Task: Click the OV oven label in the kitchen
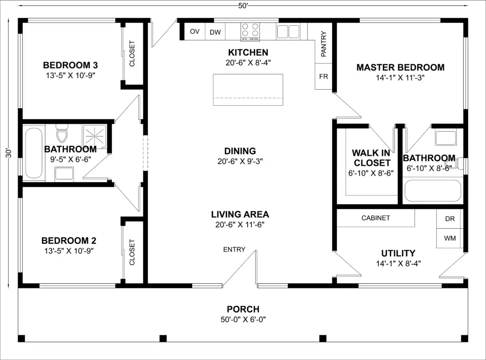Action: click(195, 31)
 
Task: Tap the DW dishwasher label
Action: click(215, 32)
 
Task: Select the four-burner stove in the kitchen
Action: click(250, 32)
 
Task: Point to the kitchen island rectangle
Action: click(248, 90)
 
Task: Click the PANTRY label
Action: click(324, 44)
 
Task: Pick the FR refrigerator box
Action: click(324, 76)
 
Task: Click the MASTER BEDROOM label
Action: click(401, 67)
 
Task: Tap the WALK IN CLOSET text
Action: click(371, 157)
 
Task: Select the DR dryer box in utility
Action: click(450, 219)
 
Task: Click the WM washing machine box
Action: click(450, 238)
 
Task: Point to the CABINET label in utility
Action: click(376, 218)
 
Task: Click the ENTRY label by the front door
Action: click(234, 249)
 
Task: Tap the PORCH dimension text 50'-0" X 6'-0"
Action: click(243, 319)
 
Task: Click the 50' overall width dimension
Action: click(243, 6)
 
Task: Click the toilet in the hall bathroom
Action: click(62, 133)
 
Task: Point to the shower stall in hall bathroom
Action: click(94, 136)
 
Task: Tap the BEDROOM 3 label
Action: click(70, 65)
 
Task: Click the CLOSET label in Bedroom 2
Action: click(132, 252)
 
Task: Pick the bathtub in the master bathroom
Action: click(433, 191)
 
